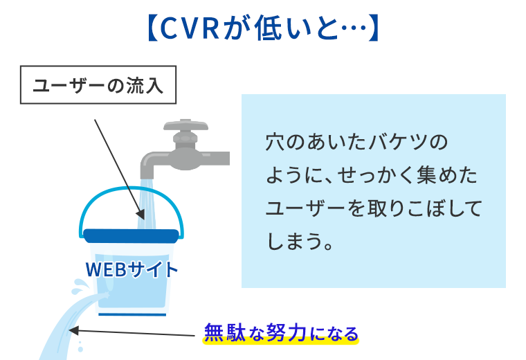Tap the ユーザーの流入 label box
pos(98,85)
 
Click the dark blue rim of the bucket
pos(131,236)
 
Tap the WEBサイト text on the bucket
pos(131,270)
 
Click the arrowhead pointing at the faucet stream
pos(141,214)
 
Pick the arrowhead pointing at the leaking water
pos(73,330)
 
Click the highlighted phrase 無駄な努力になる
pos(281,333)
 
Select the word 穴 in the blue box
pos(274,142)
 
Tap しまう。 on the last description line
pos(300,241)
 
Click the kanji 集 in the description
pos(426,174)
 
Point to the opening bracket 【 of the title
pos(153,28)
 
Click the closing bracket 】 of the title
pos(373,28)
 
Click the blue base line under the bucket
pos(132,315)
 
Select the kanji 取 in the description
pos(377,208)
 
